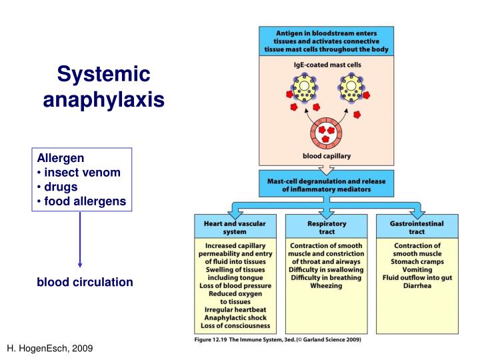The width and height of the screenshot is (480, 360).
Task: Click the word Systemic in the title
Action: [103, 74]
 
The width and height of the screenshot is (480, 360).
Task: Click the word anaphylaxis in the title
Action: [103, 100]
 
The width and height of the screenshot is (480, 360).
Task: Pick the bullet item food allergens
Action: [85, 201]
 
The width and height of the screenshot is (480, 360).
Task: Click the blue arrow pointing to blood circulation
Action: [81, 240]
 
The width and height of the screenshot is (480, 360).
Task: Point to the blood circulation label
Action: [85, 283]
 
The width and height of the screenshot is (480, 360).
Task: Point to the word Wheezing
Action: [327, 286]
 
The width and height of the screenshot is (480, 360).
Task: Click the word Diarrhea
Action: [418, 286]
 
